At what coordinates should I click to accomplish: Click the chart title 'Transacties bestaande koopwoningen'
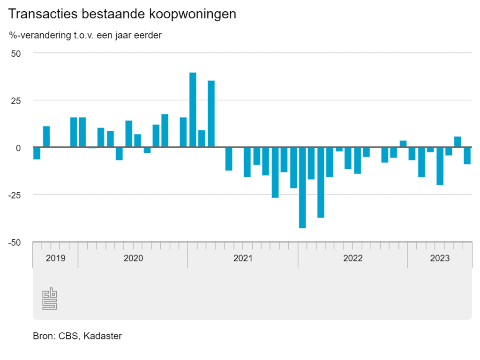click(x=122, y=14)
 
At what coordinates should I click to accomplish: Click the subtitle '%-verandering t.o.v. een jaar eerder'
click(x=85, y=35)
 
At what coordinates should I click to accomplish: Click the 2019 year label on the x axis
click(x=55, y=258)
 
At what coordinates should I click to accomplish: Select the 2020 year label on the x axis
click(x=133, y=258)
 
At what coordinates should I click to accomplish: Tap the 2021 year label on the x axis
click(x=243, y=258)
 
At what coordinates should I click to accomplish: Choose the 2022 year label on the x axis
click(x=352, y=258)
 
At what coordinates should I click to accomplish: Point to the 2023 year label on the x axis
click(x=440, y=258)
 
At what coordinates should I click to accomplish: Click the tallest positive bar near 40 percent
click(x=193, y=110)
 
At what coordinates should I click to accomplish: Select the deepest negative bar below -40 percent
click(x=302, y=187)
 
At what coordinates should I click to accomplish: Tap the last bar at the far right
click(x=467, y=156)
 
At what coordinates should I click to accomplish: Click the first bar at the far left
click(x=37, y=153)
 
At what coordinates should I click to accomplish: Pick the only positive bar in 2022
click(x=403, y=144)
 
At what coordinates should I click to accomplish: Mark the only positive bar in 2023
click(x=457, y=142)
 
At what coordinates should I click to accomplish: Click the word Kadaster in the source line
click(x=103, y=336)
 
